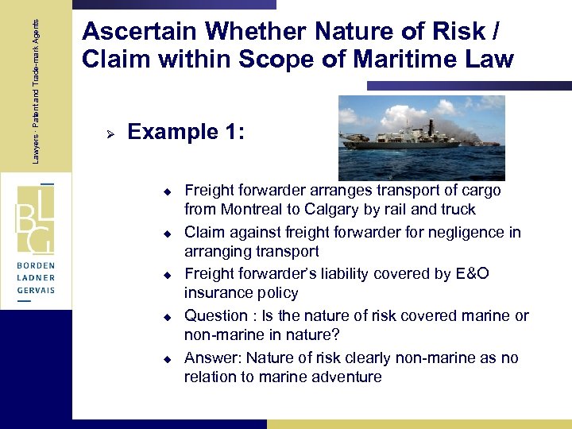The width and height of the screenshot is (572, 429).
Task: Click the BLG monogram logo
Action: [37, 219]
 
